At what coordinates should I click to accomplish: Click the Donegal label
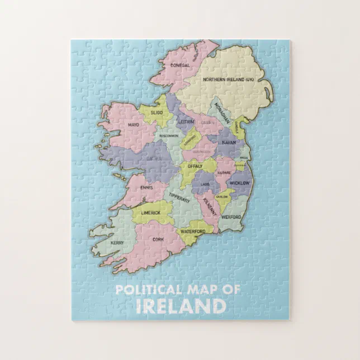[x=180, y=65]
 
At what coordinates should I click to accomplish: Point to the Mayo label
[x=133, y=125]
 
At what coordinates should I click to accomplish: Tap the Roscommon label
[x=169, y=136]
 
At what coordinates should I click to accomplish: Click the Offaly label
[x=195, y=166]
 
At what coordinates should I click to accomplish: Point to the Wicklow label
[x=239, y=183]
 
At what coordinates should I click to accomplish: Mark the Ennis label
[x=147, y=187]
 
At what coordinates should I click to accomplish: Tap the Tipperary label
[x=179, y=197]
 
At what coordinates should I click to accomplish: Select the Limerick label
[x=150, y=213]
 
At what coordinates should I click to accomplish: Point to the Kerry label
[x=117, y=243]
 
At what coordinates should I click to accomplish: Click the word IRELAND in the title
[x=181, y=306]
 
